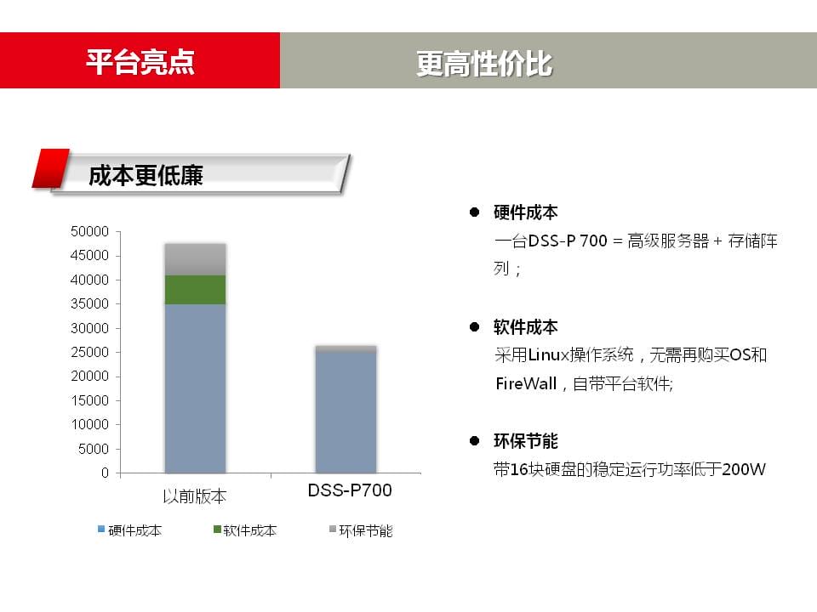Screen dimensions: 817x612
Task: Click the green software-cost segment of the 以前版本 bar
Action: [x=196, y=290]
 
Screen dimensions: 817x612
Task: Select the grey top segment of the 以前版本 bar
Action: [x=196, y=259]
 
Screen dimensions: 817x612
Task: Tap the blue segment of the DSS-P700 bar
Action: [x=346, y=412]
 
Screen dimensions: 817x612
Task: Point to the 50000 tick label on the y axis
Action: [x=89, y=231]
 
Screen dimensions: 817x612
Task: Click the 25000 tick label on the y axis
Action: [x=89, y=352]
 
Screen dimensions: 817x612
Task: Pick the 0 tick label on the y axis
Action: [x=105, y=473]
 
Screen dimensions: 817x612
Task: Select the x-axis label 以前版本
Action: [x=194, y=496]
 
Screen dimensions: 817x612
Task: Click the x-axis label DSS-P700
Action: [x=350, y=490]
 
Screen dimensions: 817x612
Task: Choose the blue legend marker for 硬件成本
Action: [x=101, y=530]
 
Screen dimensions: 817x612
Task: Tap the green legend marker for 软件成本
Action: [x=217, y=530]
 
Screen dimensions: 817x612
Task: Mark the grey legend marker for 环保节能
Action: [x=333, y=530]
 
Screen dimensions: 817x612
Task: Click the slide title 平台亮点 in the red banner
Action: [x=140, y=62]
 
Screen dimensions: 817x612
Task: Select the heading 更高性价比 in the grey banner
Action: [x=484, y=64]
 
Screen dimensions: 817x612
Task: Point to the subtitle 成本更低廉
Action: [x=146, y=175]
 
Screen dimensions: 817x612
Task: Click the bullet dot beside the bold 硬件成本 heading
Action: [x=474, y=212]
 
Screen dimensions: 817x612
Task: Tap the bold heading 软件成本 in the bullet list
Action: [x=526, y=327]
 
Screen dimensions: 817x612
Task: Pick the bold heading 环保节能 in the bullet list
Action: [x=526, y=441]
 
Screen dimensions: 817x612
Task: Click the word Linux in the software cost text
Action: [x=549, y=355]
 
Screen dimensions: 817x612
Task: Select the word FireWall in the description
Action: [x=526, y=383]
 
